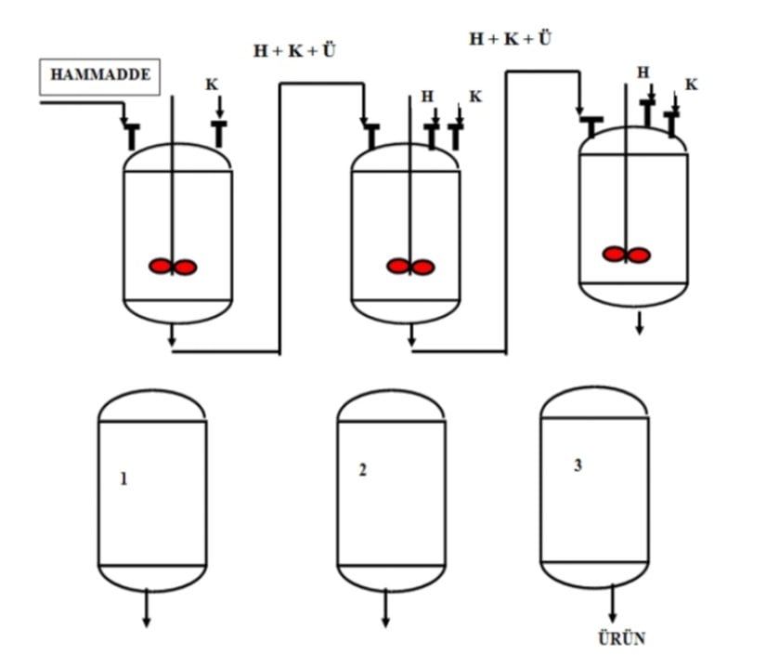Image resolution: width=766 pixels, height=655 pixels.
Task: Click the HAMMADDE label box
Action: pos(100,76)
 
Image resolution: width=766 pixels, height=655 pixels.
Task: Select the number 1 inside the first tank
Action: pos(123,479)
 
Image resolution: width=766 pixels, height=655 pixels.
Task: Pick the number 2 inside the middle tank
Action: pos(362,470)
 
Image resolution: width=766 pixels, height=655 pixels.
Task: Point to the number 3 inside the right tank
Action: pos(578,465)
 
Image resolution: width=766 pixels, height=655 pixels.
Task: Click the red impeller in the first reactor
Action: pos(173,267)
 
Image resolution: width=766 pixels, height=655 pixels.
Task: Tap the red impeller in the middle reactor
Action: pos(410,267)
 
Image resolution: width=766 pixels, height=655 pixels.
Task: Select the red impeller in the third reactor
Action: pos(626,254)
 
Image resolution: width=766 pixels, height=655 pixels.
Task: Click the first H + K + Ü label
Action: pos(294,51)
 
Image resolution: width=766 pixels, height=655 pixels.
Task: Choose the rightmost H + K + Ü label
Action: pos(510,38)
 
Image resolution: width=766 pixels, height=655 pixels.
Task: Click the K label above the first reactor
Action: pos(212,85)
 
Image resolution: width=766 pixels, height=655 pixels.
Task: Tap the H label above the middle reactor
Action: pos(427,96)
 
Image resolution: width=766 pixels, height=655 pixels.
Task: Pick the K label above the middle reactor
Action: pos(475,96)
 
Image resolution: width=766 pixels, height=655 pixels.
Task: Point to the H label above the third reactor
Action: pos(643,72)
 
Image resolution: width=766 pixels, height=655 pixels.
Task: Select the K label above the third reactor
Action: pos(691,85)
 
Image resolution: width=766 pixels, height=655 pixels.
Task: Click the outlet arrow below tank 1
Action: pos(146,610)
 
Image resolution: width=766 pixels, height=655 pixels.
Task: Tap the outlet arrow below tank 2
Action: pos(385,610)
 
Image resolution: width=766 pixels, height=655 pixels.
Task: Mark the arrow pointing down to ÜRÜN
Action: pos(612,606)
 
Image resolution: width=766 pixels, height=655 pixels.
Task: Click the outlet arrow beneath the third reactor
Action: pos(639,323)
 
